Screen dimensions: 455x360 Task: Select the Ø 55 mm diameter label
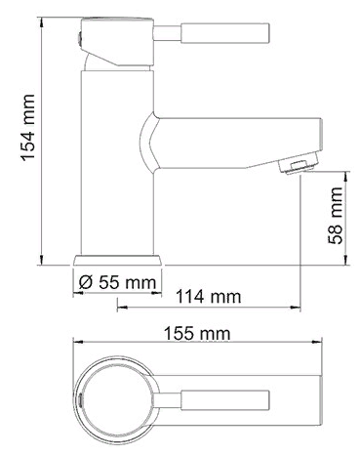pyautogui.click(x=115, y=281)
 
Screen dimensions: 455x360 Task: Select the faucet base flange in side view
pyautogui.click(x=117, y=260)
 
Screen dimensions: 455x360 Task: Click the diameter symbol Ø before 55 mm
pyautogui.click(x=84, y=281)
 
